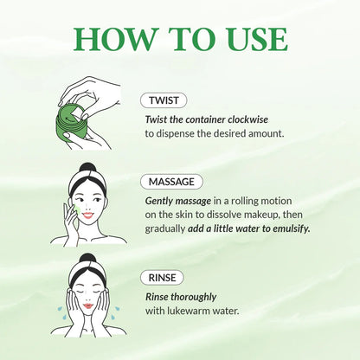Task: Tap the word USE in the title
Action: point(252,40)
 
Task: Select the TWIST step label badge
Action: point(164,101)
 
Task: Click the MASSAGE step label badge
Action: point(173,182)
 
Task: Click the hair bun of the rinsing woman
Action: point(87,260)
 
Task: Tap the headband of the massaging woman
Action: point(87,187)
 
